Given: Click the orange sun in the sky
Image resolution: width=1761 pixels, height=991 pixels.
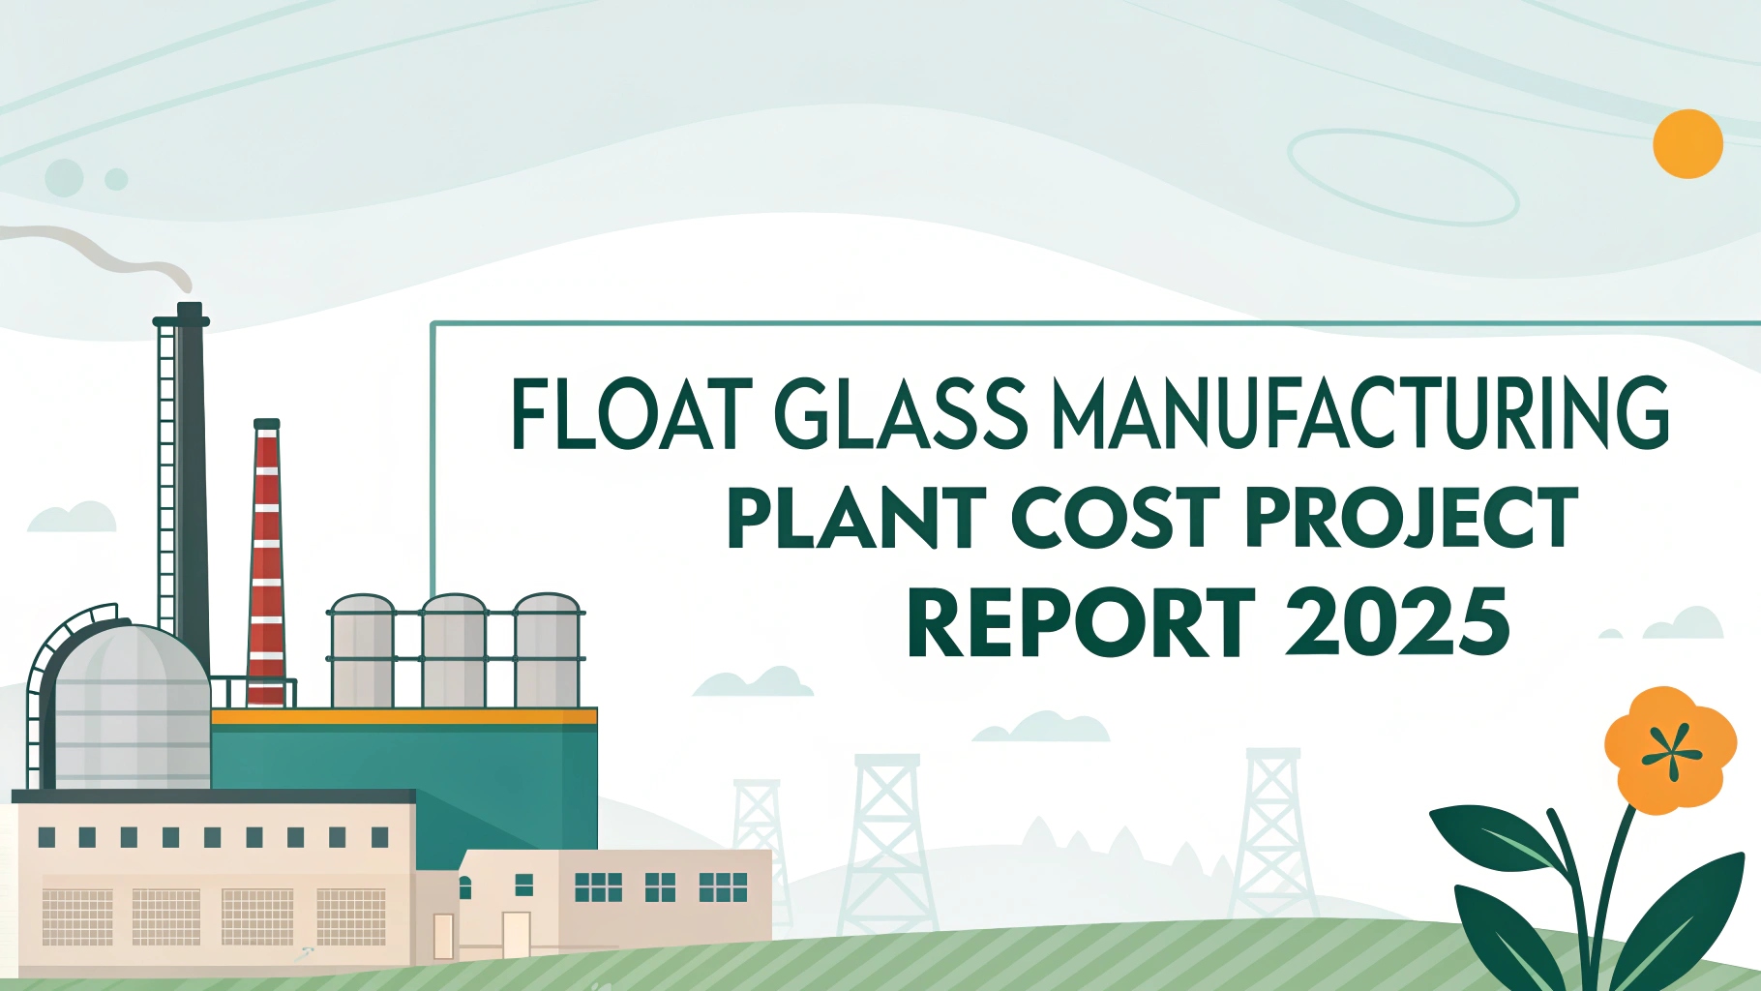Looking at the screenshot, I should (1687, 144).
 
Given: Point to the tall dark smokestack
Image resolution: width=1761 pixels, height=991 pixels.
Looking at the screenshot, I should (192, 484).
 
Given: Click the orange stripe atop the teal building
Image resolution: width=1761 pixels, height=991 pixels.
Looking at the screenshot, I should (404, 717).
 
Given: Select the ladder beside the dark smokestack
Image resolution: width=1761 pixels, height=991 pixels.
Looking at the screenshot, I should (166, 474).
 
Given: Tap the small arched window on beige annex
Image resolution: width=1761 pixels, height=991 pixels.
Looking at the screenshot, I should (465, 886).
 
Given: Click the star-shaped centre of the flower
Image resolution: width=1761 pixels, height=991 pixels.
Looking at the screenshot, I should (1671, 753).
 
